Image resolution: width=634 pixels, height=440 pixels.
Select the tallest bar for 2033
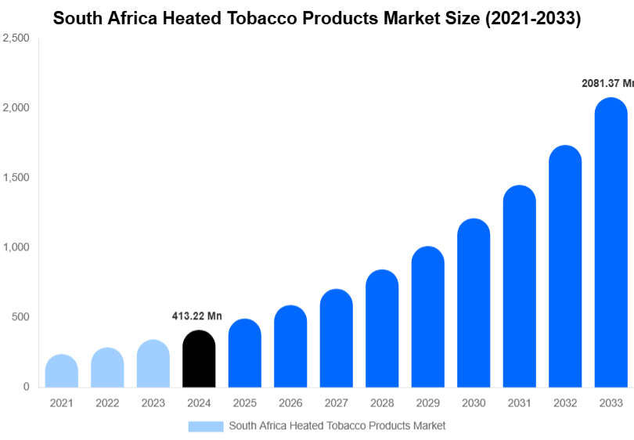(x=611, y=243)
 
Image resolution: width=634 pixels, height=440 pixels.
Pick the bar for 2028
(x=382, y=329)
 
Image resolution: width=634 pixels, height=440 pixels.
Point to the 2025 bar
(x=244, y=353)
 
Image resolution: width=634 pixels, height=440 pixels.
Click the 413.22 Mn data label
(x=197, y=316)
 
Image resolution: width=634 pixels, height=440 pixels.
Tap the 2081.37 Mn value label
(x=607, y=82)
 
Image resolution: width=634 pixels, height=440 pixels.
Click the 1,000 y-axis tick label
(x=16, y=247)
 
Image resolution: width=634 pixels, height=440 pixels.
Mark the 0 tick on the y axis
(x=26, y=387)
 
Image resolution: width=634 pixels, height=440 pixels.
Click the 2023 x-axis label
(x=153, y=403)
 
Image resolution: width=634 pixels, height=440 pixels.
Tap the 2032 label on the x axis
(x=565, y=403)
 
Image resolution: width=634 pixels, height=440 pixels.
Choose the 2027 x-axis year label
(x=336, y=403)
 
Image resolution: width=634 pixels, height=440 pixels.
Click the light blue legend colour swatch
(x=205, y=426)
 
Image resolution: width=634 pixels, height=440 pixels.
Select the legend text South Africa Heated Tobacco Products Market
(x=337, y=426)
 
